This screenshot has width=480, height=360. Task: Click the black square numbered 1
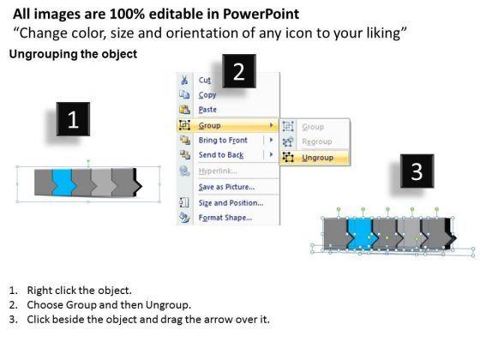73,119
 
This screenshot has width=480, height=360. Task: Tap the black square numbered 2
239,71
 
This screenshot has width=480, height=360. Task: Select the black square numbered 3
417,171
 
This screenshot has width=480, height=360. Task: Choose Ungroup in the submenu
317,158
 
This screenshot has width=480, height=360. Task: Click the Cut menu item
205,81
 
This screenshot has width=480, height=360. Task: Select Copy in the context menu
207,95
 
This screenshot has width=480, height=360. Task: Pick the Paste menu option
207,110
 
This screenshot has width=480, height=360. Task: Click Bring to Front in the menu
223,141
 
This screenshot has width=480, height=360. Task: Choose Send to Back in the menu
221,155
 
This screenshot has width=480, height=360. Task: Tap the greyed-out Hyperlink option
218,171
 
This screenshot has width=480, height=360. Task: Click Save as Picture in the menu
226,187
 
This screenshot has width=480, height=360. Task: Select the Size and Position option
231,202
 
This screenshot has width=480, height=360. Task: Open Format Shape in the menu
225,218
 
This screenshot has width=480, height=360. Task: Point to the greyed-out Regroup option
317,141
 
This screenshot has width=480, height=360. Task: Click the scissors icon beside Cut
184,81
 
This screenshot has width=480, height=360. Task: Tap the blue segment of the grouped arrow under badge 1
62,183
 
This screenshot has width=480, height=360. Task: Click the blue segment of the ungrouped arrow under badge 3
361,232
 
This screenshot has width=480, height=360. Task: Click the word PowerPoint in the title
261,14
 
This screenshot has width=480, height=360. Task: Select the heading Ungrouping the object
73,54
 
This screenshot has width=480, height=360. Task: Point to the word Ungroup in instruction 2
167,305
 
